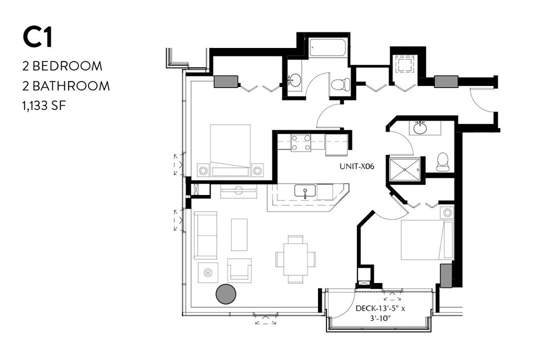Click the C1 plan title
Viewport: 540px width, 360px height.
37,37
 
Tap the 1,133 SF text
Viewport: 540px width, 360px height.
44,105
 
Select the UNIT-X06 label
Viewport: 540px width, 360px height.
357,167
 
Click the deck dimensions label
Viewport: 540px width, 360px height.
380,313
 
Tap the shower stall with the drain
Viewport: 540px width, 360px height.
404,170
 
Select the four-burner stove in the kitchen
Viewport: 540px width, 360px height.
301,143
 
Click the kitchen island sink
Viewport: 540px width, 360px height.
305,191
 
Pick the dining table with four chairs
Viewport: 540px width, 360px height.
295,259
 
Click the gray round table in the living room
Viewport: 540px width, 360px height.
226,294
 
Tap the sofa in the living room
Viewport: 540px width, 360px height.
205,235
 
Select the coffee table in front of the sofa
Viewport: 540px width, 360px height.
239,235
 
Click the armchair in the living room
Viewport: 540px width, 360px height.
239,269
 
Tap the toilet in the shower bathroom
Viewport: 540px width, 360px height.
442,162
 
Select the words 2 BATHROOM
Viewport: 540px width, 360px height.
66,86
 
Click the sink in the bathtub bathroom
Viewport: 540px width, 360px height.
294,81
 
